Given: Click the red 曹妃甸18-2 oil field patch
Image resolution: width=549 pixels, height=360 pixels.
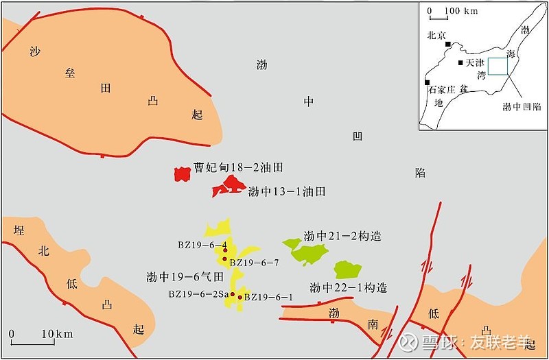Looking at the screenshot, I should click(181, 174).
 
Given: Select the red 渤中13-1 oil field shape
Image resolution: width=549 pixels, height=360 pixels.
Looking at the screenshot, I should click(229, 186).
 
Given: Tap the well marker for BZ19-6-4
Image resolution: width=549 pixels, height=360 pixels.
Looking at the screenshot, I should click(224, 251).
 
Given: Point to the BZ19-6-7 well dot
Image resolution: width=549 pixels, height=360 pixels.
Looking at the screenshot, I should click(224, 260).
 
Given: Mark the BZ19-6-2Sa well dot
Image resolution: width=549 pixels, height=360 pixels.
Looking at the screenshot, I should click(233, 295).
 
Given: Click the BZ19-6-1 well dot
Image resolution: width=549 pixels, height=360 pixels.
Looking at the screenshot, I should click(240, 298).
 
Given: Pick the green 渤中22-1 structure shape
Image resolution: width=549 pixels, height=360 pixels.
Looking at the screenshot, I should click(347, 269).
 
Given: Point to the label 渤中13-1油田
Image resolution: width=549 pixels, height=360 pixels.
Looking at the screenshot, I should click(286, 192).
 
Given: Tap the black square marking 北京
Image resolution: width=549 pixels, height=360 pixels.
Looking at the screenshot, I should click(447, 44).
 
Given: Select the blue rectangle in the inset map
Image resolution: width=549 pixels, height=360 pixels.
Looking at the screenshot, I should click(498, 67).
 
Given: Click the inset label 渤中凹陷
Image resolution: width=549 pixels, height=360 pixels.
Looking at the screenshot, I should click(521, 106).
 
